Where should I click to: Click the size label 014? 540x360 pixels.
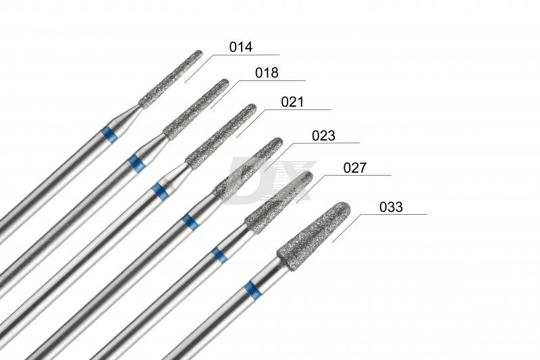pyautogui.click(x=241, y=47)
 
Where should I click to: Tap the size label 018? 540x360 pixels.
pyautogui.click(x=267, y=73)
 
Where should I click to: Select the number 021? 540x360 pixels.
pyautogui.click(x=292, y=102)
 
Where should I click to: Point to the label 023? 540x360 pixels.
pyautogui.click(x=323, y=136)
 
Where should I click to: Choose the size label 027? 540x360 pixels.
pyautogui.click(x=355, y=168)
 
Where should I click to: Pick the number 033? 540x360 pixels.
pyautogui.click(x=391, y=207)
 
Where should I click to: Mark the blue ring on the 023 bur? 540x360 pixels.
pyautogui.click(x=190, y=222)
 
